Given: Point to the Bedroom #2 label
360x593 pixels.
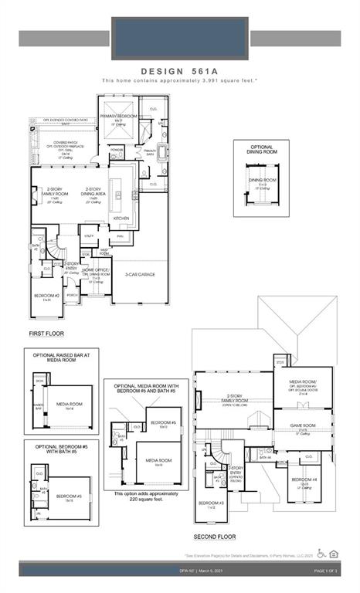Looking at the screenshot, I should [x=47, y=296].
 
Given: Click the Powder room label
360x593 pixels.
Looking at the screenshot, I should [x=117, y=150].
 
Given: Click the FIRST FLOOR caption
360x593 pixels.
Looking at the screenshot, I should [x=46, y=334].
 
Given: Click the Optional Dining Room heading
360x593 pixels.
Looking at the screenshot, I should [x=261, y=150].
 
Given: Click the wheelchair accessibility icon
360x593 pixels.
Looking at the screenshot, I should [x=321, y=553].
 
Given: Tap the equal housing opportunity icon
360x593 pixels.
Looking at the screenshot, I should [x=334, y=553].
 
